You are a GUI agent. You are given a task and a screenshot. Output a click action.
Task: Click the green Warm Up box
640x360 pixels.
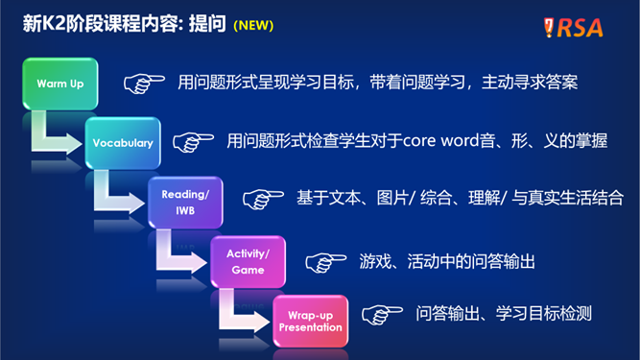(x=59, y=84)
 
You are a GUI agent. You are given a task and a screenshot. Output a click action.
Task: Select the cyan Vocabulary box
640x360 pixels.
(x=123, y=142)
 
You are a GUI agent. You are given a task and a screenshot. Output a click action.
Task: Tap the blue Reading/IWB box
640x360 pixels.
(x=185, y=202)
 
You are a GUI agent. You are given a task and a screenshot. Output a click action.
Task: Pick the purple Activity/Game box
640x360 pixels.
(x=248, y=261)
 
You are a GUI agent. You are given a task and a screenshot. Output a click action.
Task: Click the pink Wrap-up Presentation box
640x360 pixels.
(x=310, y=321)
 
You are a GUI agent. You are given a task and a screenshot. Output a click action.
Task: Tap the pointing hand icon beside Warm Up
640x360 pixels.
(x=144, y=84)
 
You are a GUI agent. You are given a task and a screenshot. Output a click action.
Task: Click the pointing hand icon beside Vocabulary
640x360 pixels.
(x=193, y=142)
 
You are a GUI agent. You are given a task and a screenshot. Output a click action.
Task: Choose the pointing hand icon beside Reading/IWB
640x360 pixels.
(x=262, y=199)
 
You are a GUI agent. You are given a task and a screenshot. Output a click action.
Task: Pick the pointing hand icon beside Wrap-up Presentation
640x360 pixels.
(x=381, y=314)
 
